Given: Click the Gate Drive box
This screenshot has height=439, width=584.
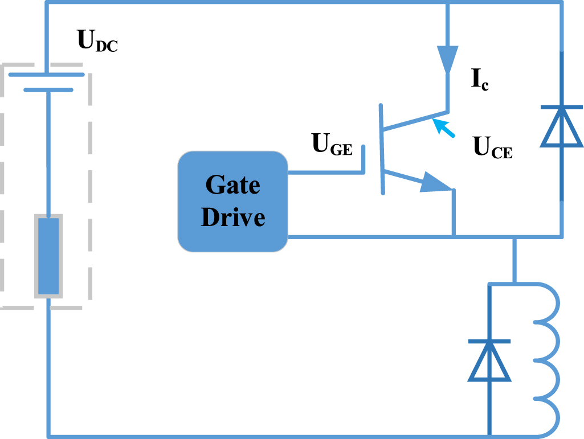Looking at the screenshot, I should (232, 202).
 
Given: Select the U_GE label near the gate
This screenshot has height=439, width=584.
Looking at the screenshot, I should (332, 144).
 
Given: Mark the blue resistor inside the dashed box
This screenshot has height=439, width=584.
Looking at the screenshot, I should (48, 256).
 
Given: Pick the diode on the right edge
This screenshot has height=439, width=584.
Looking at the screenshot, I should (562, 126).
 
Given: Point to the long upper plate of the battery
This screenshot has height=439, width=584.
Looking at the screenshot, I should (47, 75).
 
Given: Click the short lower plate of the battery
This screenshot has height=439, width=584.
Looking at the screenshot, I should (48, 89).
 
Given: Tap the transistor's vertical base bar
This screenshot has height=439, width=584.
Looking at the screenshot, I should (382, 149).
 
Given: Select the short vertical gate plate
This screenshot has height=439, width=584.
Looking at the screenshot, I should (362, 159).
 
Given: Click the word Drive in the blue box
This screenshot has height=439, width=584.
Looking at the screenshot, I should (233, 218).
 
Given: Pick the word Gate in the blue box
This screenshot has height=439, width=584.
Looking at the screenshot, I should (232, 186).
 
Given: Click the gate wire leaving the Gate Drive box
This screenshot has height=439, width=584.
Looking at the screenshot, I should (325, 171).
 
